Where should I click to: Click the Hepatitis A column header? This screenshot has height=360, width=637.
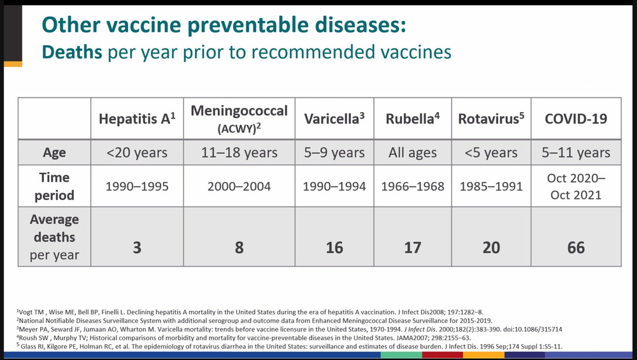click(x=137, y=119)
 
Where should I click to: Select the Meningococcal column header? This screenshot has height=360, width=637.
click(x=239, y=118)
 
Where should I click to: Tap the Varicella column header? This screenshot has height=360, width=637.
click(x=334, y=119)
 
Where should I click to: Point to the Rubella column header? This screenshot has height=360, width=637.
click(x=413, y=119)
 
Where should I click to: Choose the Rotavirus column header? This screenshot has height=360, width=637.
click(x=491, y=119)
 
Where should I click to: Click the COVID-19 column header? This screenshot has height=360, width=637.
click(x=576, y=119)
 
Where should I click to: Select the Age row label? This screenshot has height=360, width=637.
click(x=54, y=153)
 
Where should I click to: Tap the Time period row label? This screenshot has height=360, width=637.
click(x=54, y=186)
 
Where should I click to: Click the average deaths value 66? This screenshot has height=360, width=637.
click(x=576, y=247)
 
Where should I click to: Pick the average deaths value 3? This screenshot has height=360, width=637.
click(x=137, y=247)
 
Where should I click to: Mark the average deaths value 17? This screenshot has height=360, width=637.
click(x=413, y=247)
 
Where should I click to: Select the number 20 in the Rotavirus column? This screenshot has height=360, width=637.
click(x=491, y=247)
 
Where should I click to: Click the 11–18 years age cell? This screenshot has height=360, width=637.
click(x=239, y=153)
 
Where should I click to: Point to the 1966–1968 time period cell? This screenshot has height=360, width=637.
click(x=413, y=187)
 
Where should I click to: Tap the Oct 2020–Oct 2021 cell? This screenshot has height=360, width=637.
click(x=576, y=187)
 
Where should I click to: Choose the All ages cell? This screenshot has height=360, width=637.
click(x=413, y=153)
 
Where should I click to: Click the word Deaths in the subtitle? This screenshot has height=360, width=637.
click(x=72, y=52)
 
